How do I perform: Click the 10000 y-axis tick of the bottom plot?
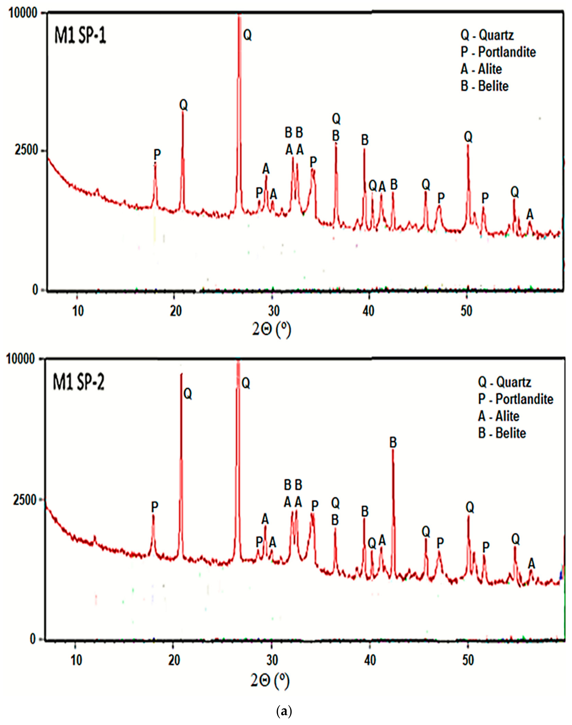22,359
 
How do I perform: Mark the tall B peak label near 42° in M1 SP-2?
393,443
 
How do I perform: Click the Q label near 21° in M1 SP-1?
184,105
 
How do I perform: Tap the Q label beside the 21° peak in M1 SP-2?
188,394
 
